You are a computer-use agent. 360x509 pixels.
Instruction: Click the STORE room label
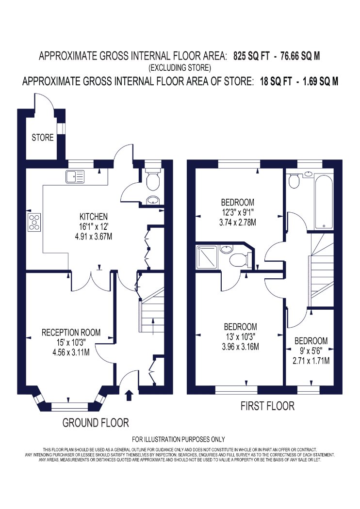tap(43, 138)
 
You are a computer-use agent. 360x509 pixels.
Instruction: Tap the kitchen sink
tap(75, 176)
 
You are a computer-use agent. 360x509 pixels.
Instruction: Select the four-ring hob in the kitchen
tap(34, 223)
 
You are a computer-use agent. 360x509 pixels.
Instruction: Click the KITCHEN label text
tap(94, 217)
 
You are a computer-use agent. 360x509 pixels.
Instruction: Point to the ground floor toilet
tap(152, 180)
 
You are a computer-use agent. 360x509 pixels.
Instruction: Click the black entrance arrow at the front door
tap(129, 395)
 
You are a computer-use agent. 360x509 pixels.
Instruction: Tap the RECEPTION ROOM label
tap(71, 333)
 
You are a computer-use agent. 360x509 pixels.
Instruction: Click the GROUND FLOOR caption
tap(96, 423)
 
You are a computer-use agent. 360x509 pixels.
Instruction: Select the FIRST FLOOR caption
tap(267, 406)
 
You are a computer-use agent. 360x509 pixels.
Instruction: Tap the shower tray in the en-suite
tap(207, 257)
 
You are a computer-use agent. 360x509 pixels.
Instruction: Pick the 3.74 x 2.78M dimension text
tap(238, 223)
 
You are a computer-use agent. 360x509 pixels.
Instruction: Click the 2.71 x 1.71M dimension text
tap(311, 361)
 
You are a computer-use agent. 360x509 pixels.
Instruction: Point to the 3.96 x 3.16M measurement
tap(241, 347)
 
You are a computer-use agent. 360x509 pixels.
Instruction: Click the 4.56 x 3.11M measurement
tap(71, 352)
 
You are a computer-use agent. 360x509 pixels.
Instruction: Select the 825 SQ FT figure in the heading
tap(251, 56)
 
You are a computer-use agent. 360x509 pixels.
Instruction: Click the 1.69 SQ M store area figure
tap(320, 81)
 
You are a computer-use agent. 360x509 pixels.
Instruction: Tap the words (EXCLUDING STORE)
tap(180, 68)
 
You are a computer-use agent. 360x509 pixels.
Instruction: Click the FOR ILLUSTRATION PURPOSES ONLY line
tap(179, 439)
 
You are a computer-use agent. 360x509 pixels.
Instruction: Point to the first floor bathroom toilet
tap(295, 181)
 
